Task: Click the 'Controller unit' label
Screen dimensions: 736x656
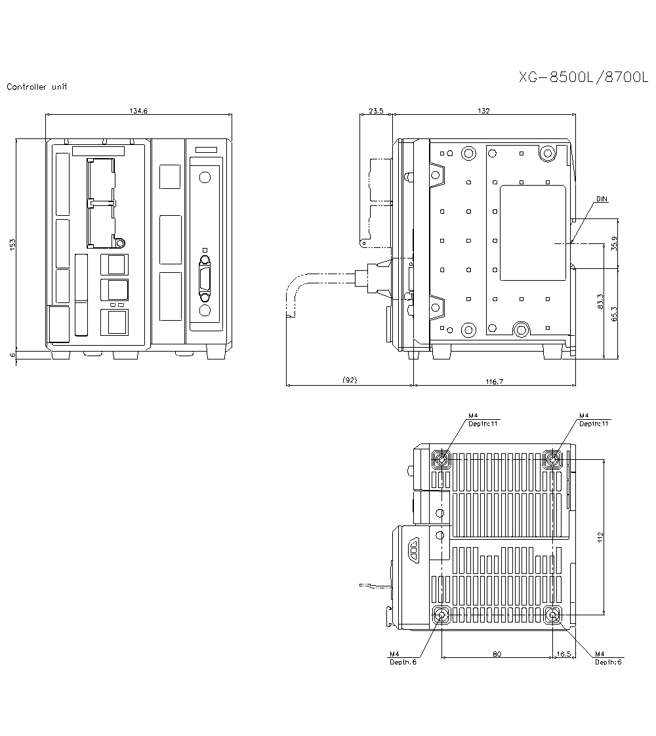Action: [x=37, y=87]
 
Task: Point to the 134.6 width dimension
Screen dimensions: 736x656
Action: [x=138, y=111]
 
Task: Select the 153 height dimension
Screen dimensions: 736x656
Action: [x=12, y=244]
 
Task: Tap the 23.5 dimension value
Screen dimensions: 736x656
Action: [x=376, y=111]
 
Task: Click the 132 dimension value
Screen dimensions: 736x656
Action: [x=484, y=111]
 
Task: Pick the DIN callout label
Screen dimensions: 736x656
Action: [x=602, y=198]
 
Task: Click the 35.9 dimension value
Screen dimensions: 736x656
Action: [x=614, y=243]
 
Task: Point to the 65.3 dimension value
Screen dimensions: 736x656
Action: [x=614, y=314]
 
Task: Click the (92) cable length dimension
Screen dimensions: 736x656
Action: [x=350, y=380]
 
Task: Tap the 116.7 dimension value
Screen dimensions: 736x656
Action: [x=494, y=381]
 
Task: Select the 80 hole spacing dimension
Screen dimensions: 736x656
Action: [x=497, y=654]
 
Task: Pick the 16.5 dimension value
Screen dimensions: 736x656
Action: [x=564, y=654]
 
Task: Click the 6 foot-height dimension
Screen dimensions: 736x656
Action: [x=12, y=355]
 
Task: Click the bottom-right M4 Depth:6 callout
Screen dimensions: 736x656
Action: [x=607, y=658]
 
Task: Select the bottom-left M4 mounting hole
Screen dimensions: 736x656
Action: [x=441, y=615]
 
